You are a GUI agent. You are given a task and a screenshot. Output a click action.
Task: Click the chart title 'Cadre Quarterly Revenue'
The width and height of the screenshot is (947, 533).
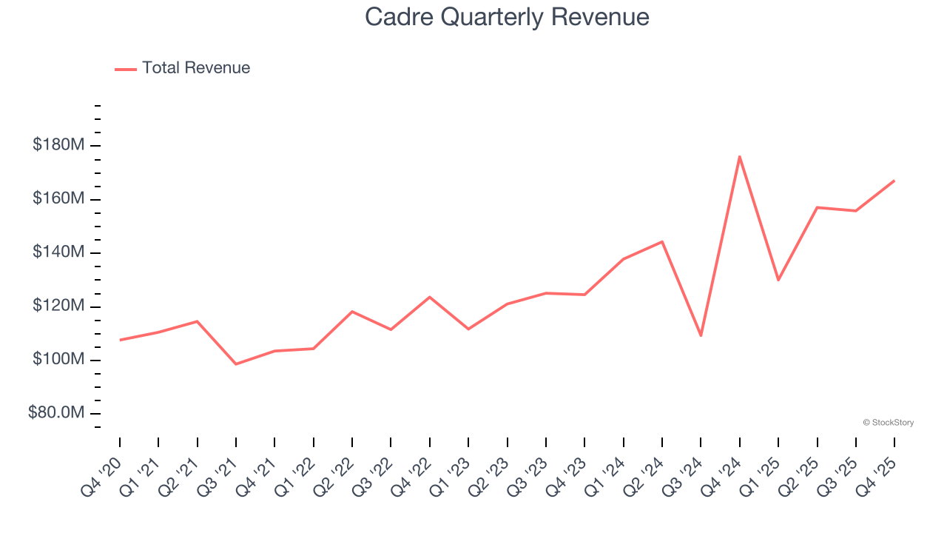click(507, 17)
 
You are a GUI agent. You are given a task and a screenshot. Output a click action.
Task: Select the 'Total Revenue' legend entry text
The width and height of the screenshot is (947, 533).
click(196, 68)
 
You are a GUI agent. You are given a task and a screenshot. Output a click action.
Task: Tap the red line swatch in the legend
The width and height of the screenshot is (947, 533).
click(126, 69)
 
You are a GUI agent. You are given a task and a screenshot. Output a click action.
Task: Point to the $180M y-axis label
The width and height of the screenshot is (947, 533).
click(58, 145)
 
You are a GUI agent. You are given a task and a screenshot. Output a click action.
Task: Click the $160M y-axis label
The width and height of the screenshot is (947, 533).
click(58, 198)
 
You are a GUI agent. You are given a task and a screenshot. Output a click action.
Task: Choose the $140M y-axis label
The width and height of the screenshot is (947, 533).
click(58, 252)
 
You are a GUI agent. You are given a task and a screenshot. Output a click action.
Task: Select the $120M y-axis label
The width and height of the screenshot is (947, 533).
click(58, 306)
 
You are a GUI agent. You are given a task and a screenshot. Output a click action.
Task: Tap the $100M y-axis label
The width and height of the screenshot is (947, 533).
click(58, 360)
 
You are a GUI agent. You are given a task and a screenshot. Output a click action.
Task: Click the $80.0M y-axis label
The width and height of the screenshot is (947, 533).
click(56, 413)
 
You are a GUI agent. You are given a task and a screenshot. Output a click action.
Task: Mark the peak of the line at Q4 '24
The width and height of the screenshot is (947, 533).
click(740, 156)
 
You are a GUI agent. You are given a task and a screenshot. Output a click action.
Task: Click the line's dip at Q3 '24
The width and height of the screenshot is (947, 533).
click(701, 335)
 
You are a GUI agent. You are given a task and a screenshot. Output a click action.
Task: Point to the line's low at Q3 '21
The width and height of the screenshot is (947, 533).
click(236, 364)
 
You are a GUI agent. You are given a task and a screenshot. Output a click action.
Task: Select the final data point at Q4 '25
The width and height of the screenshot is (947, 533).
click(894, 181)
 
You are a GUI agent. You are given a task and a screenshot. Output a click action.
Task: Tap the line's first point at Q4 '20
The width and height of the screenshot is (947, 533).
click(120, 340)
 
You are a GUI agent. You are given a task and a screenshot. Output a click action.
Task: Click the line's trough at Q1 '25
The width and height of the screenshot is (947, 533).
click(778, 280)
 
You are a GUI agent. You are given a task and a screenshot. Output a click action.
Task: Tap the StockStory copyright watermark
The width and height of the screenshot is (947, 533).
click(888, 423)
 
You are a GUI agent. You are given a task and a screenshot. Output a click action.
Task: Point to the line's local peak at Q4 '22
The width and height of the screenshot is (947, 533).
click(430, 297)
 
